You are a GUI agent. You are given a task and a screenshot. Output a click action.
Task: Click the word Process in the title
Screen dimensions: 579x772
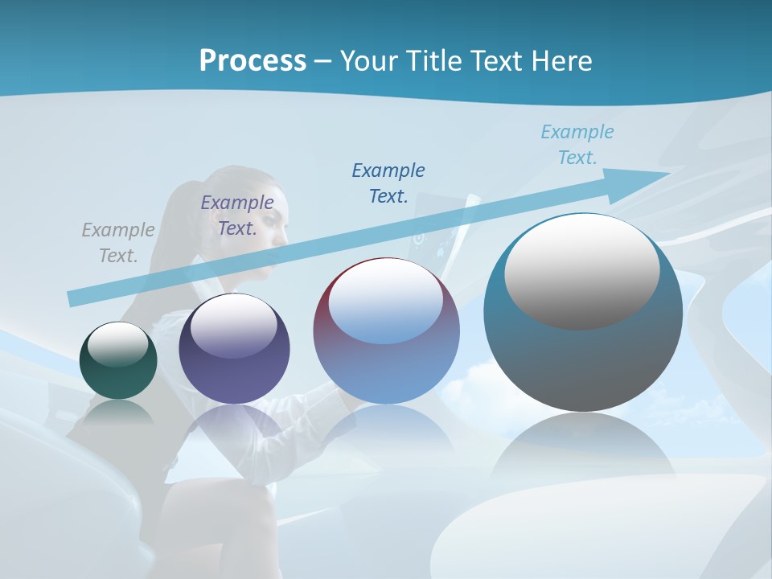click(x=253, y=60)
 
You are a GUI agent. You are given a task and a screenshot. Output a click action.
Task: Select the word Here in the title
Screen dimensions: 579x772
click(x=563, y=60)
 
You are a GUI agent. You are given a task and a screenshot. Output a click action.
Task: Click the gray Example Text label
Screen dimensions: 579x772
click(x=118, y=243)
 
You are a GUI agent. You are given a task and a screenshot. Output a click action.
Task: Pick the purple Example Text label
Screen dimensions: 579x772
click(x=237, y=216)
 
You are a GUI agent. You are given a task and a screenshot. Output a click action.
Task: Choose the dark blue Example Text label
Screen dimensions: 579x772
click(x=388, y=183)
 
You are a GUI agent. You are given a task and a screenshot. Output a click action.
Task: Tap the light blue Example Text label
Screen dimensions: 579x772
click(x=577, y=144)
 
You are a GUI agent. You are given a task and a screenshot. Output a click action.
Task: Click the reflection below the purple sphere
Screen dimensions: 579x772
click(x=233, y=426)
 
